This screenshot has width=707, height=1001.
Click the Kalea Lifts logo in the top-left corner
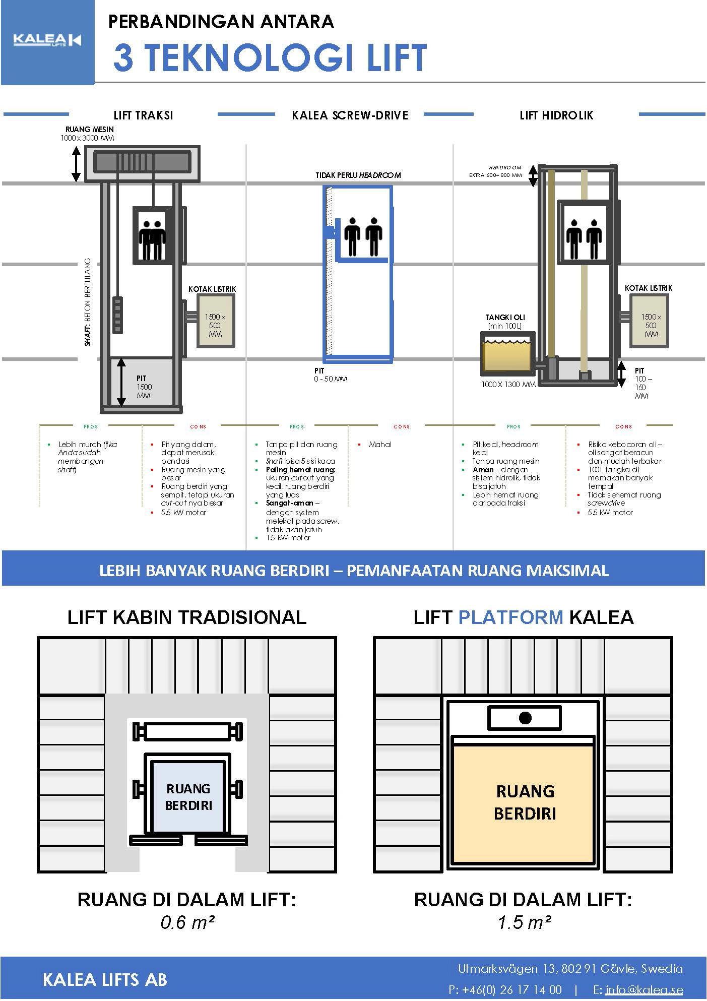[47, 41]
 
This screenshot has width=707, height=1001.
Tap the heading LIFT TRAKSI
[143, 115]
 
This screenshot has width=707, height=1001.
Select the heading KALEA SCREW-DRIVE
[350, 115]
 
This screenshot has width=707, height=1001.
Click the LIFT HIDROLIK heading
[556, 115]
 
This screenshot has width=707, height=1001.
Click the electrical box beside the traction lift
[215, 321]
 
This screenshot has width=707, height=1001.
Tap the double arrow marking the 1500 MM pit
[121, 383]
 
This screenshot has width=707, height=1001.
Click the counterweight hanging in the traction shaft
[117, 315]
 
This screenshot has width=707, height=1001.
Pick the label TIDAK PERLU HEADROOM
[358, 175]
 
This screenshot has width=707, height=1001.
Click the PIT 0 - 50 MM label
[330, 375]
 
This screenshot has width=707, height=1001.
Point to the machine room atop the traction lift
[142, 163]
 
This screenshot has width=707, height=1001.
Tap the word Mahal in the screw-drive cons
[380, 445]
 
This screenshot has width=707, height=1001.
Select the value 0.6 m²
[187, 922]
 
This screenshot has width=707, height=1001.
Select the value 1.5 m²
[524, 922]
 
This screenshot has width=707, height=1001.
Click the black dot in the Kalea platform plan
[525, 718]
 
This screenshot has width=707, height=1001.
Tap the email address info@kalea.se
[644, 989]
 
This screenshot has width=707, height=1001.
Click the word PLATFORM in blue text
[510, 617]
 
